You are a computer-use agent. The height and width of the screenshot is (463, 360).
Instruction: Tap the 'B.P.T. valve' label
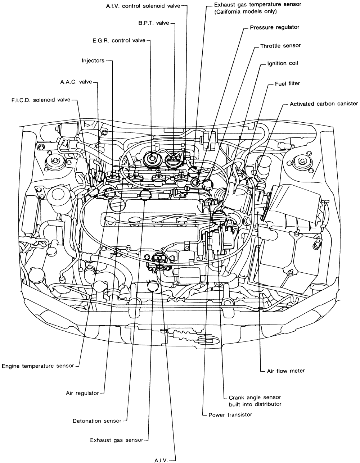153,23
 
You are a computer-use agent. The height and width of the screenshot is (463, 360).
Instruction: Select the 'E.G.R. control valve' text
118,41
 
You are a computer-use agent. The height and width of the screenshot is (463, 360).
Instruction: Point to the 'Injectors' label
93,61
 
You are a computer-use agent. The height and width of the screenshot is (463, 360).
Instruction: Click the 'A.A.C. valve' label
76,82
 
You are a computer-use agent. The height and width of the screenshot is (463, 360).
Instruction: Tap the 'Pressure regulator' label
275,27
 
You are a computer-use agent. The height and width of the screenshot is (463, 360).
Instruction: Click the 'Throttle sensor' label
280,46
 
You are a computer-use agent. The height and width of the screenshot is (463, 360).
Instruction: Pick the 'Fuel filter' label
287,83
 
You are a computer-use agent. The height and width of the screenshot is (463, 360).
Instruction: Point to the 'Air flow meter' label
286,371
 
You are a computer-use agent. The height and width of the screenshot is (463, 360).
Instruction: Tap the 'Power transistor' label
230,414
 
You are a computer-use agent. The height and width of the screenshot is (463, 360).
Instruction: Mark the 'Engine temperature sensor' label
37,366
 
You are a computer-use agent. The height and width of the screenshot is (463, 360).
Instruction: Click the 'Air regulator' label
82,393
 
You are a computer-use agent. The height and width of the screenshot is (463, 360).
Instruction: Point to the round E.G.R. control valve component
150,157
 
